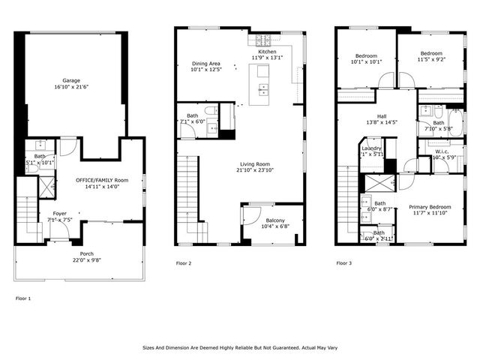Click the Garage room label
(x=71, y=79)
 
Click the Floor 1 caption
(x=23, y=298)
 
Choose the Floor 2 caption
(x=184, y=263)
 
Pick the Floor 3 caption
(x=343, y=263)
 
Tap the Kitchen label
(x=267, y=52)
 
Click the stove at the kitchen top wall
(x=265, y=39)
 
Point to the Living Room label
(x=255, y=163)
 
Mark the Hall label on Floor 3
(x=381, y=115)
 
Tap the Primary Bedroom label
(x=430, y=206)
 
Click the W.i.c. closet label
(x=442, y=151)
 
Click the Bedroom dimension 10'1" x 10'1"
(x=367, y=61)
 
